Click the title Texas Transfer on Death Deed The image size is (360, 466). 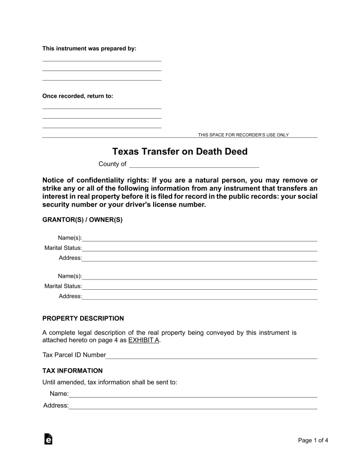click(180, 152)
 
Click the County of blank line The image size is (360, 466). click(194, 165)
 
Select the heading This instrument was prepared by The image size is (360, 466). click(89, 49)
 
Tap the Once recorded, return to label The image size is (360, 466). click(78, 96)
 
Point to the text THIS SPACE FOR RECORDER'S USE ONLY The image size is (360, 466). click(243, 135)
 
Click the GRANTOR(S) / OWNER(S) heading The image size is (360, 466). click(82, 219)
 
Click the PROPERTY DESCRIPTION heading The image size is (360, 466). click(83, 318)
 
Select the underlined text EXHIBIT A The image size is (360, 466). click(144, 340)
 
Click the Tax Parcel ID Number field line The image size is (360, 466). click(211, 356)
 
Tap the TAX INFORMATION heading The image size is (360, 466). click(72, 370)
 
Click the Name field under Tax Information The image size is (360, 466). click(193, 395)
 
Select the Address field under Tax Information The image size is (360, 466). click(193, 406)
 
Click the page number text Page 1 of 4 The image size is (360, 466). click(313, 440)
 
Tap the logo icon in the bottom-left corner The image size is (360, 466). click(48, 439)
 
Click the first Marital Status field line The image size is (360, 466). click(200, 249)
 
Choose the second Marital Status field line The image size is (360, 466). click(200, 287)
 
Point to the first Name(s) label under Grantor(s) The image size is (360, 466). click(70, 238)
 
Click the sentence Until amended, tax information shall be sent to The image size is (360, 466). click(110, 382)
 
